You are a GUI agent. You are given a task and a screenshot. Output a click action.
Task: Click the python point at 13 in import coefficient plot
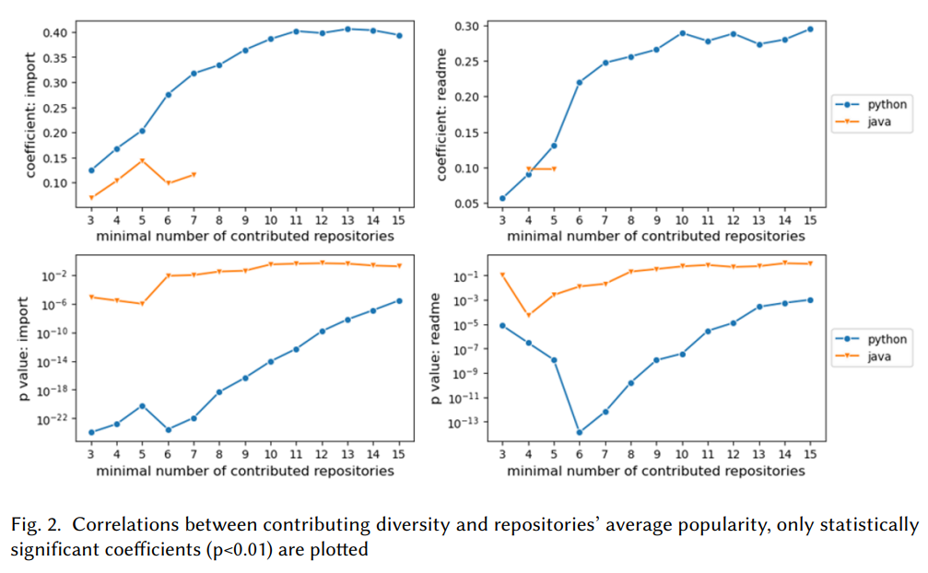(x=348, y=29)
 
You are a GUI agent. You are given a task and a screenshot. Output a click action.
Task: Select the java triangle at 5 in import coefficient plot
(x=143, y=160)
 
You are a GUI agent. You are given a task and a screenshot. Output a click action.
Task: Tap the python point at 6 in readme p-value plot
(x=579, y=432)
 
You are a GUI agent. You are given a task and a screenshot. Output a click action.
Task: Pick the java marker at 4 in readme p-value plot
(x=528, y=315)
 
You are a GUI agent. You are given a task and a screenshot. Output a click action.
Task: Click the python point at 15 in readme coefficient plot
(x=810, y=29)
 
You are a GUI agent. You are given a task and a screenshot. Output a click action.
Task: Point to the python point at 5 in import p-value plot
(x=143, y=405)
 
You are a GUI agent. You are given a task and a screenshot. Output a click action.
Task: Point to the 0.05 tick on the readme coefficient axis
(x=466, y=203)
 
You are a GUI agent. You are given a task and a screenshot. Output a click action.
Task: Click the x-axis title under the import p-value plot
(x=245, y=471)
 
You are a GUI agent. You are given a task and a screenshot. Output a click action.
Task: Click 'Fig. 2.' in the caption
(x=37, y=525)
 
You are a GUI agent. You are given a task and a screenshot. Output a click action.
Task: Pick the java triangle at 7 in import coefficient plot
(x=194, y=174)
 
